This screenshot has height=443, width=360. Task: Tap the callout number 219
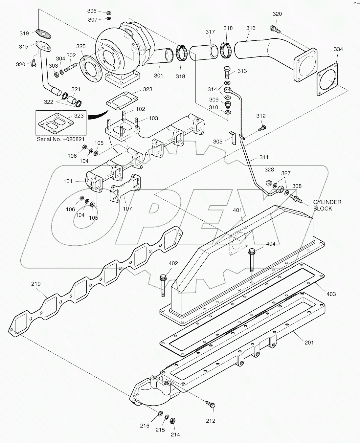coord(36,284)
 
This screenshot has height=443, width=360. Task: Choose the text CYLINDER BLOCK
coord(327,205)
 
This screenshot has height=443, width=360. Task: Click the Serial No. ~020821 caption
coord(61,139)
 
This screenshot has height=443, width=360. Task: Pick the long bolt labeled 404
coord(251,260)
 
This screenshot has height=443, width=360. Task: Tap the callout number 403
coord(331,294)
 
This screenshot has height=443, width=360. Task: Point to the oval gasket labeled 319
coord(43,32)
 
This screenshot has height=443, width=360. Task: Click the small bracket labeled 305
coord(233,138)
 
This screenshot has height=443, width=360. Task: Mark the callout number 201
coord(309,343)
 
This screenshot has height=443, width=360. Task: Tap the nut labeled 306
coord(109,12)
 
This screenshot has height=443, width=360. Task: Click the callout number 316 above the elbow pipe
coord(251,28)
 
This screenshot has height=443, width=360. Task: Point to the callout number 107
coord(127,209)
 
